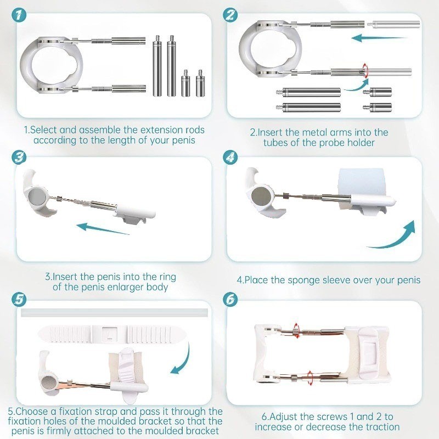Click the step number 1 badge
(19, 15)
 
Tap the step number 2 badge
(230, 15)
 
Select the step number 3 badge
(19, 157)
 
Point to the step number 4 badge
(230, 157)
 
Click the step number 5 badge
(19, 300)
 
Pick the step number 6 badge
(230, 300)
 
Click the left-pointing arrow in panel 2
(379, 38)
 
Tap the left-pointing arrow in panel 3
(103, 228)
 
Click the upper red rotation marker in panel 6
(296, 330)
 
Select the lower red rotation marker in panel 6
(309, 378)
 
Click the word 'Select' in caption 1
(43, 130)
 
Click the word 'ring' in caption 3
(168, 278)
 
